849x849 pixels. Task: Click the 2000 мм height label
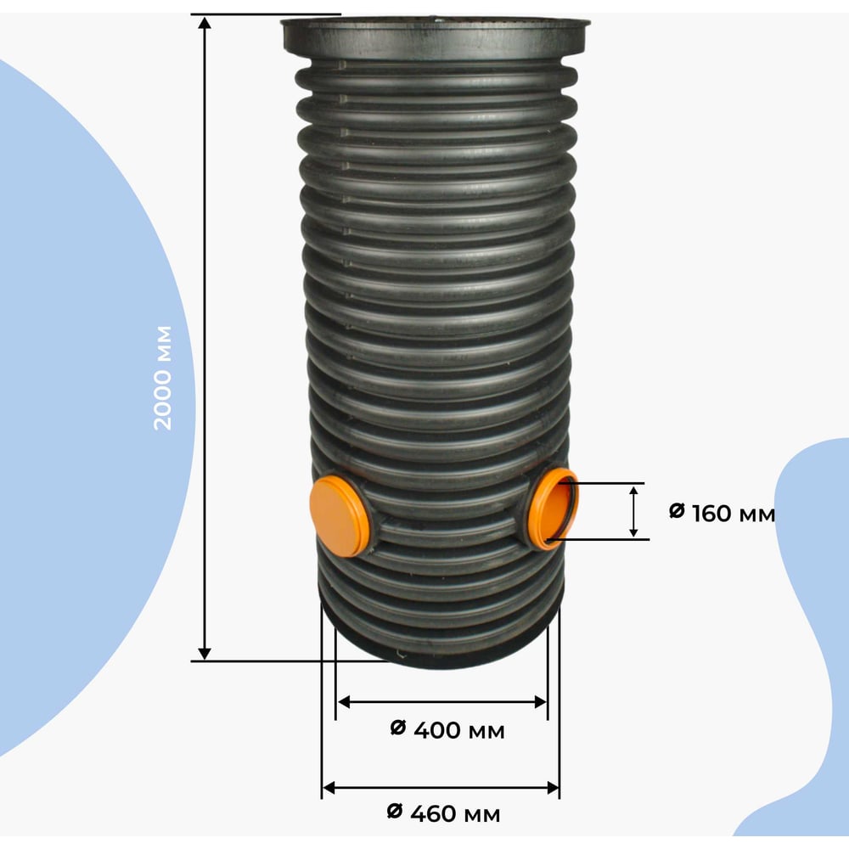click(162, 378)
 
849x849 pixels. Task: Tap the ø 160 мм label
click(722, 513)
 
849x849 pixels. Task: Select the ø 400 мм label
click(447, 730)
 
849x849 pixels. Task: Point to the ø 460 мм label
click(444, 813)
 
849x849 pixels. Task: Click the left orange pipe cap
click(339, 516)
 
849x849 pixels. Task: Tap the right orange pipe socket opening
click(554, 509)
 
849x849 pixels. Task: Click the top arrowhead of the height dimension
click(204, 23)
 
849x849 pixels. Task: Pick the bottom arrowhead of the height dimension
click(204, 653)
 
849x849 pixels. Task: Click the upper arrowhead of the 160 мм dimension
click(633, 492)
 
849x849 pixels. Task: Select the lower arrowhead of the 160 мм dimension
click(633, 531)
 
